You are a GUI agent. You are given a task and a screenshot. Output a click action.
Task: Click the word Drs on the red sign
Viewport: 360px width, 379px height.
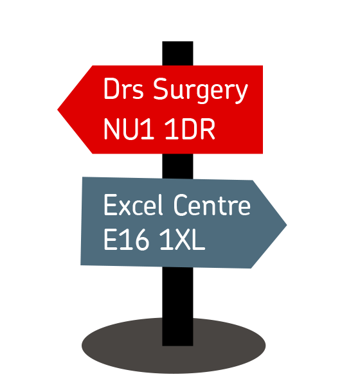tap(123, 89)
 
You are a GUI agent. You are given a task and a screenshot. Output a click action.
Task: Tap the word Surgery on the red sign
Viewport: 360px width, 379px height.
tap(201, 91)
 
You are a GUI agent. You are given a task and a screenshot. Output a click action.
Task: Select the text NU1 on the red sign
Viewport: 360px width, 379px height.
tap(129, 129)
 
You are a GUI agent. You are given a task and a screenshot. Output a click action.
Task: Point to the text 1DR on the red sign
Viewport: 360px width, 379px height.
tap(190, 129)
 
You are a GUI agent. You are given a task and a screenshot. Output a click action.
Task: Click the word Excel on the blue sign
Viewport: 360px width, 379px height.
tap(133, 204)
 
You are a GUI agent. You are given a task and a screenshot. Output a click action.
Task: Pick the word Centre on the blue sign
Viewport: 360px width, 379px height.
tap(212, 204)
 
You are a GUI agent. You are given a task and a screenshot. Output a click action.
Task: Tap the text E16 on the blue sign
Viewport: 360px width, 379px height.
tap(126, 240)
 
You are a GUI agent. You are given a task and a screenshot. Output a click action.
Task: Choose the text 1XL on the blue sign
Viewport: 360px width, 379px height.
tap(183, 240)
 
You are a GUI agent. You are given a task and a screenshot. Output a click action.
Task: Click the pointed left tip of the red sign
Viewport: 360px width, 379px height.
tap(58, 109)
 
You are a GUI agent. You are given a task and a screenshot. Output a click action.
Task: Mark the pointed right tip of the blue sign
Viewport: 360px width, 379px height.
tap(287, 225)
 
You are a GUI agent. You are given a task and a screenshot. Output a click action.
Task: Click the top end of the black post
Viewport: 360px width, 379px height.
tap(177, 42)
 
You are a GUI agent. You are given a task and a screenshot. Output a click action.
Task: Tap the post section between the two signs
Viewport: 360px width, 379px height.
tap(177, 166)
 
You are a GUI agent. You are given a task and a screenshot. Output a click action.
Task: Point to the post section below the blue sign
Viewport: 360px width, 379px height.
tap(177, 306)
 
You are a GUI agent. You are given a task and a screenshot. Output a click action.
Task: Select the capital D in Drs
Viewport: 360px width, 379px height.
tap(113, 89)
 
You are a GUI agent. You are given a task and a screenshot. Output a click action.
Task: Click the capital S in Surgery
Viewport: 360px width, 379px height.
tap(161, 89)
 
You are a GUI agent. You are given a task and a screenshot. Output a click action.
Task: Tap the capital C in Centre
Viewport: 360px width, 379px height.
tap(181, 204)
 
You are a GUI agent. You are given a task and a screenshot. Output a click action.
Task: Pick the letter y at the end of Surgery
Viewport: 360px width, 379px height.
tap(240, 94)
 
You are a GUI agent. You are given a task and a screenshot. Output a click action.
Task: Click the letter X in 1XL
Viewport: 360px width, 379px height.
tap(183, 240)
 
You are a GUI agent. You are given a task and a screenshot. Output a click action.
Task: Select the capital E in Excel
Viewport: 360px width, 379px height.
tap(111, 204)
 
